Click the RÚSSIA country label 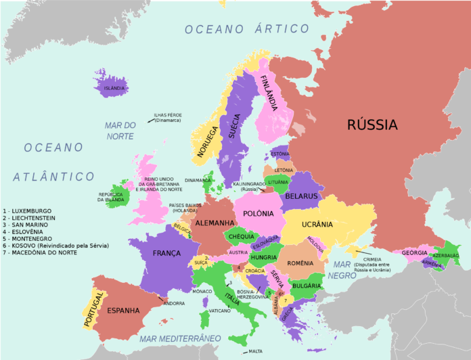(x=372, y=125)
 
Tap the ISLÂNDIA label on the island (x=113, y=88)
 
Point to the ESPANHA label (x=123, y=311)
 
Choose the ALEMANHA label (x=215, y=223)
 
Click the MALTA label (x=255, y=351)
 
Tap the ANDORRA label (x=174, y=303)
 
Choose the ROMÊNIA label (x=300, y=263)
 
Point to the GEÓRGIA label (x=415, y=252)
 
